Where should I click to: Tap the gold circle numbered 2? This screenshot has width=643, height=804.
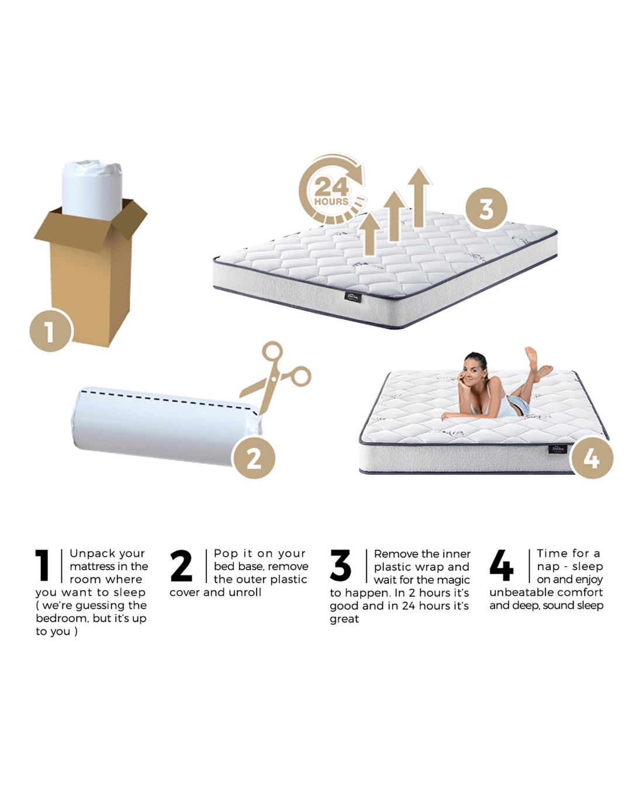pos(254,458)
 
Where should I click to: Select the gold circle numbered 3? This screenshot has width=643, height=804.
pos(486,209)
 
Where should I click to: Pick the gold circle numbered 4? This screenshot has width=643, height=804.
pos(592,458)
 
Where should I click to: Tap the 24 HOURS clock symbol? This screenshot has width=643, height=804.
pos(332,189)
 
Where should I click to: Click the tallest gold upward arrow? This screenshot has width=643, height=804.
pos(419,198)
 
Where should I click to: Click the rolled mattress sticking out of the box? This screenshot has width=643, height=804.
pos(92,191)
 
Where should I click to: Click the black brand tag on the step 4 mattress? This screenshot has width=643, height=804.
pos(558,448)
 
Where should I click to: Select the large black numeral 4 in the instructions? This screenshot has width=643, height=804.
pos(502,565)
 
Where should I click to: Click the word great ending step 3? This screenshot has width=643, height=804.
pos(344,619)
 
